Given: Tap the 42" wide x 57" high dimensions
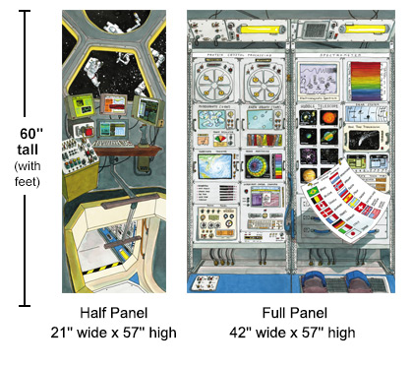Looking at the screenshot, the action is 295,332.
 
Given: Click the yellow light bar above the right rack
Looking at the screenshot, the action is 336,21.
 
